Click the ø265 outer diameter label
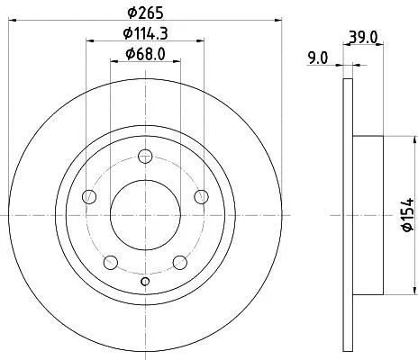pos(145,13)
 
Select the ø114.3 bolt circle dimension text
pos(145,33)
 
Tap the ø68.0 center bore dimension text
pos(145,54)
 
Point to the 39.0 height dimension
pos(363,38)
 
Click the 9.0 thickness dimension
pos(318,58)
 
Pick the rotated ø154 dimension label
pos(409,215)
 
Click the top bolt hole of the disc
pos(145,157)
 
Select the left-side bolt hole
pos(89,197)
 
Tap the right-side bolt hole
pos(201,197)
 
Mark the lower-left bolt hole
pos(111,263)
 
